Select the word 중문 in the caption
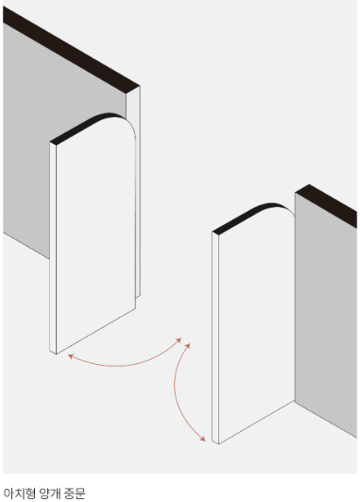click(75, 493)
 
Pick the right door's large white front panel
click(257, 323)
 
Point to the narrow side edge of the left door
click(53, 248)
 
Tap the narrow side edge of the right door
click(215, 338)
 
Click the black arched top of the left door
click(86, 127)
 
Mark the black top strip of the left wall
click(71, 49)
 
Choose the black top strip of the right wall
click(326, 205)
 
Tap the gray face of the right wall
click(326, 314)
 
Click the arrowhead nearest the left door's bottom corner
click(71, 356)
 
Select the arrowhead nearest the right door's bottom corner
click(202, 439)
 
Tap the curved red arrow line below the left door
click(122, 365)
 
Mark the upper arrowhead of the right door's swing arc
click(188, 346)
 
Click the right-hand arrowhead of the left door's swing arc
click(179, 340)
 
